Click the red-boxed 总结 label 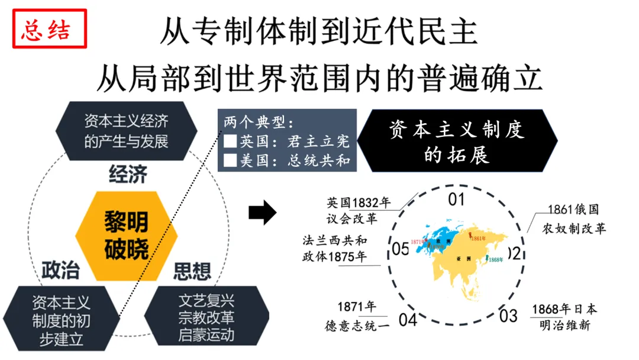click(x=50, y=30)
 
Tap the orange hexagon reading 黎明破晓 click(x=127, y=234)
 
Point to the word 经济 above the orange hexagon click(x=128, y=175)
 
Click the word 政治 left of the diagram click(x=60, y=270)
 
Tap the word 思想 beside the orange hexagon click(x=192, y=271)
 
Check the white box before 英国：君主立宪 click(x=230, y=142)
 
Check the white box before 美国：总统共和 click(x=230, y=160)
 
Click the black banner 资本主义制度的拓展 click(x=457, y=142)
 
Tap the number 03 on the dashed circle click(x=508, y=315)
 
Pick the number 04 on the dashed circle click(x=408, y=320)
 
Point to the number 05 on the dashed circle click(x=401, y=249)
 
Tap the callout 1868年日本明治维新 click(x=564, y=317)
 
